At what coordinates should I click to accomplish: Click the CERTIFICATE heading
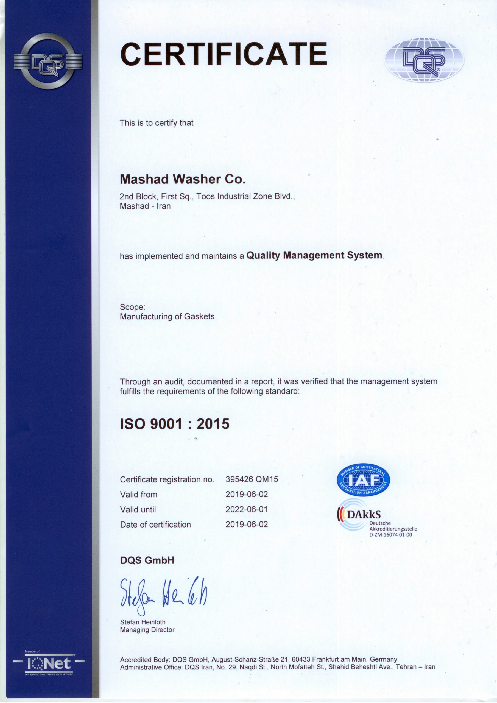(x=224, y=54)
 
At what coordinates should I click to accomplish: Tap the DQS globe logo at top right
(x=424, y=60)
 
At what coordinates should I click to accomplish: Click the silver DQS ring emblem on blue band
(x=48, y=61)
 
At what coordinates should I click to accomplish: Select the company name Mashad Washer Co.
(x=183, y=179)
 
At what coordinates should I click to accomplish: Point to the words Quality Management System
(x=314, y=255)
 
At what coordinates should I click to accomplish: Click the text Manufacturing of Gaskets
(x=167, y=316)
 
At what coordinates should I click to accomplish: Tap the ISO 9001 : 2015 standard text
(x=175, y=424)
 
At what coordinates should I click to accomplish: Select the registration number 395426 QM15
(x=252, y=479)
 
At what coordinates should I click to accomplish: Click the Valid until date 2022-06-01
(x=247, y=509)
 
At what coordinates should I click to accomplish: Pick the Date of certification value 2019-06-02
(x=247, y=524)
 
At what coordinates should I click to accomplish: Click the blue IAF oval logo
(x=363, y=480)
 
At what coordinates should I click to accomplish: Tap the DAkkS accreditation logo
(x=360, y=515)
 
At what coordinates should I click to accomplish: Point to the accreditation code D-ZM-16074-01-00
(x=390, y=535)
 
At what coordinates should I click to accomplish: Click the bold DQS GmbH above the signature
(x=147, y=560)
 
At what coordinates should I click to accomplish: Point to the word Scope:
(x=132, y=307)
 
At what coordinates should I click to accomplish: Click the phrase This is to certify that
(x=157, y=123)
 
